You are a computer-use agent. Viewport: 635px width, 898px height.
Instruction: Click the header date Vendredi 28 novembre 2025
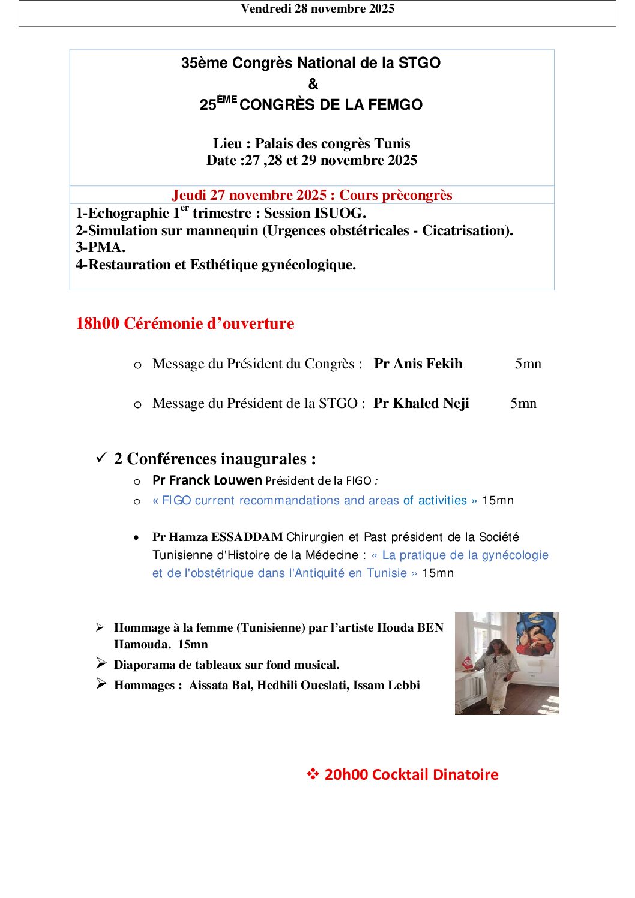pos(317,9)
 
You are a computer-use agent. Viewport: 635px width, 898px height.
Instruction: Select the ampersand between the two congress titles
pos(313,84)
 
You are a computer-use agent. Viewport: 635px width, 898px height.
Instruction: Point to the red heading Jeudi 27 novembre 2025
pos(249,195)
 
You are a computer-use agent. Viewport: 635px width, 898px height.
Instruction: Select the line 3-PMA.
pos(100,248)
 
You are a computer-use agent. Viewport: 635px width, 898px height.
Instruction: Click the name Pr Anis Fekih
pos(418,364)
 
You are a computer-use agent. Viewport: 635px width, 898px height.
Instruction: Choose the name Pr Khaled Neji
pos(421,404)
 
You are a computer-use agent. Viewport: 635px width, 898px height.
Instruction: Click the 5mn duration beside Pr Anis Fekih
pos(528,364)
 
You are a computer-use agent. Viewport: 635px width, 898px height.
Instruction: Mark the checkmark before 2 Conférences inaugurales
pos(101,458)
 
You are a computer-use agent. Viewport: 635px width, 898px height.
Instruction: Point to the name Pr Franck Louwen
pos(207,480)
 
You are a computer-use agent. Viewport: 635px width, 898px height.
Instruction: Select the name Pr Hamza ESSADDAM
pos(217,537)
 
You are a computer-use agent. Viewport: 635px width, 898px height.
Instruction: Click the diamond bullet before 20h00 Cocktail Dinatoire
pos(313,774)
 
